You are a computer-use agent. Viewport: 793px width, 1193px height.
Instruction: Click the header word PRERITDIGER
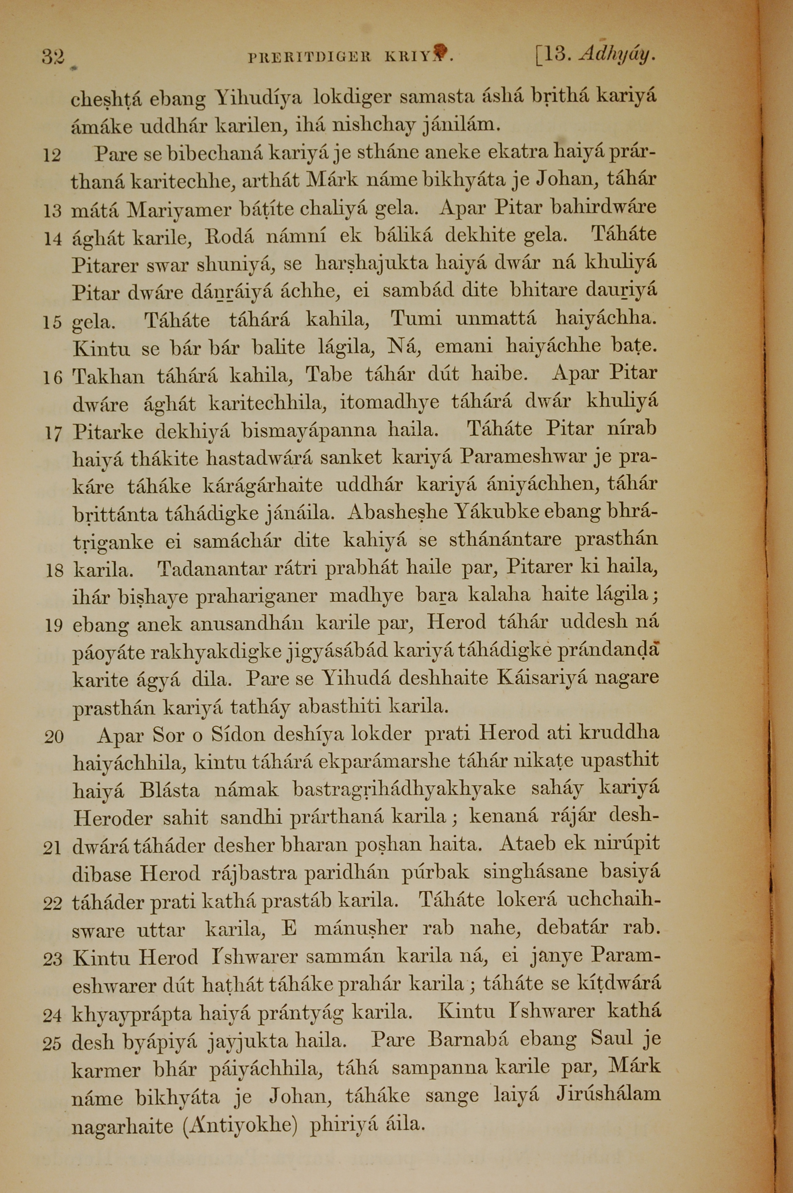click(x=310, y=57)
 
